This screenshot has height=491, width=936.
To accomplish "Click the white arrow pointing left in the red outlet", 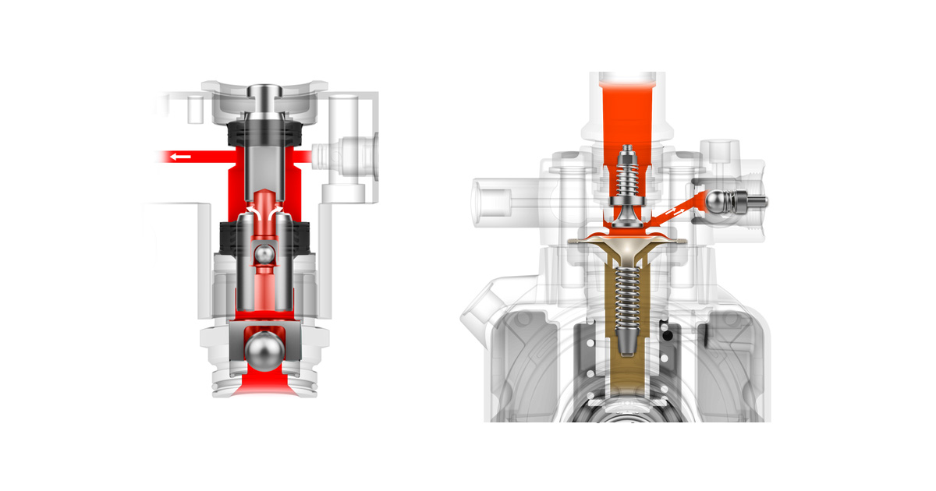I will tap(180, 157).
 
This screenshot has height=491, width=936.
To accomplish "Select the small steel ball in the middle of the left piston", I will tap(265, 255).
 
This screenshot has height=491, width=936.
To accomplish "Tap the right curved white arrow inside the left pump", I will tap(277, 212).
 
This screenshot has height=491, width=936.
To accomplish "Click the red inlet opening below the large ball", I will tap(265, 383).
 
